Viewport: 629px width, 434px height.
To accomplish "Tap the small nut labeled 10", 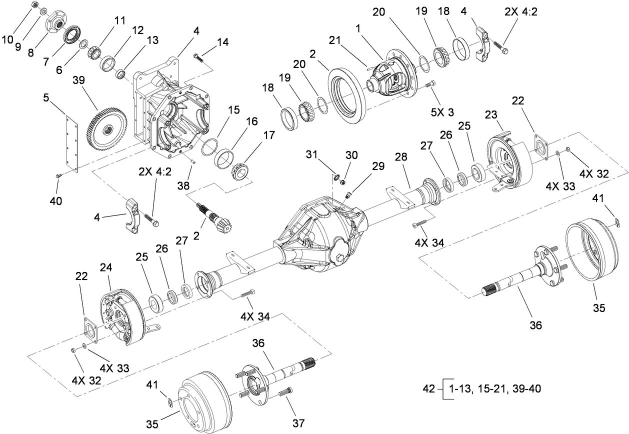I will point(34,4).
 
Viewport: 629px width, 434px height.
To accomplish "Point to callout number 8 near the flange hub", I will point(30,52).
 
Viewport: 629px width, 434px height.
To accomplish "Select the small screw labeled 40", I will point(57,175).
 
